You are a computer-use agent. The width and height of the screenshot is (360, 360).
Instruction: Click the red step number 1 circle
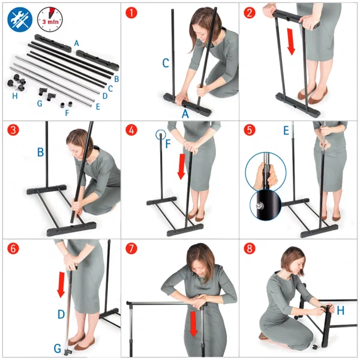coord(131,13)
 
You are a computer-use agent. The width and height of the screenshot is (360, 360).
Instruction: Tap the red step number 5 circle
coord(250,130)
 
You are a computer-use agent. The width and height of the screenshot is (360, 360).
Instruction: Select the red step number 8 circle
coord(250,248)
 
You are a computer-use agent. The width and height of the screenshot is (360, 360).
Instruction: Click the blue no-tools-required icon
coord(20,20)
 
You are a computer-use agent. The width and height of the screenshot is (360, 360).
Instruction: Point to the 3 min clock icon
coord(50,19)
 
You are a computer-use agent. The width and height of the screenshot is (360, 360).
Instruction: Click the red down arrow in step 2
coord(291,42)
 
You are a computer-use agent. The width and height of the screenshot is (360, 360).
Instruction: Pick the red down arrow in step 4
coord(181,166)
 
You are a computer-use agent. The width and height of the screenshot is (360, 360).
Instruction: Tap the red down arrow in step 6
coord(61,284)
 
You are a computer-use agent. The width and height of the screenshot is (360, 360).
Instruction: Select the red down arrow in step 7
coord(194,324)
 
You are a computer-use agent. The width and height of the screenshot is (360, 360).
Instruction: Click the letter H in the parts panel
coord(14,96)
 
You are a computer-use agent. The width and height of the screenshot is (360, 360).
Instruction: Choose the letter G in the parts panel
coord(40,104)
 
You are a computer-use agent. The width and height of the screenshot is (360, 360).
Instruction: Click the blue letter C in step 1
coord(166,63)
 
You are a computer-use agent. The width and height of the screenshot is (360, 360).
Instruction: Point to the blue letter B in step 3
coord(40,152)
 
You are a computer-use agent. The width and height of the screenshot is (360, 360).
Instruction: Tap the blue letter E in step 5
coord(286,131)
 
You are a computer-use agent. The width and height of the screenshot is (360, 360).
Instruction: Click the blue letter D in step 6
coord(61,314)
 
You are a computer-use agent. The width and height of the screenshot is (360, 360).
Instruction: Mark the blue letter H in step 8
coord(340,311)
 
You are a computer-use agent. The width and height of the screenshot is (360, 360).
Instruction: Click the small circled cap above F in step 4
coord(161,135)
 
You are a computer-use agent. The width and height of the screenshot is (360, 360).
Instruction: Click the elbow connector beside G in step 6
coord(68,351)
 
